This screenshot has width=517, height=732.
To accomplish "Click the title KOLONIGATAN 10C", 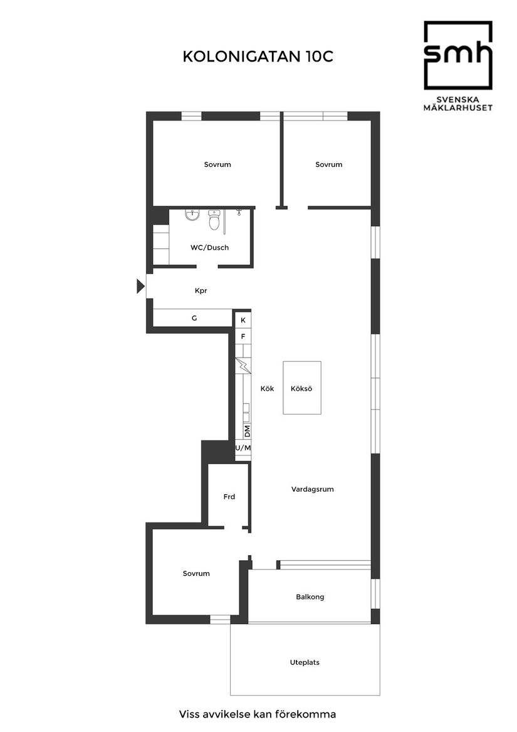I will [x=258, y=56].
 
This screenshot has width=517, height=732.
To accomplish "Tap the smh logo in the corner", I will [x=457, y=55].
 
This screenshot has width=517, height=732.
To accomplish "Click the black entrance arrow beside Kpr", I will [x=140, y=287].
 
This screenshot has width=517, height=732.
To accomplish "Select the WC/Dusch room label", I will [x=209, y=248].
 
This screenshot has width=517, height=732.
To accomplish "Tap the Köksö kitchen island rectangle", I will [x=301, y=388].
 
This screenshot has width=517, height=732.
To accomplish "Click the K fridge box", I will [x=243, y=320].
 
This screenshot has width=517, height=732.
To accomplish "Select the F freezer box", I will [x=243, y=337].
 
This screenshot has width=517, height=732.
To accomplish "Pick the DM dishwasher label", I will [x=248, y=432].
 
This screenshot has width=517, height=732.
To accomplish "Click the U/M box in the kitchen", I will [x=243, y=448].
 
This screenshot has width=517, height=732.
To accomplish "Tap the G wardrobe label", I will [x=194, y=319].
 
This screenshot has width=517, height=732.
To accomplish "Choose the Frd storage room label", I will [x=229, y=497].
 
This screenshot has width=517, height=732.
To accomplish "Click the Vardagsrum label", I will [x=312, y=489].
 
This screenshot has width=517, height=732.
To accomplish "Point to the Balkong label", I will [x=310, y=597].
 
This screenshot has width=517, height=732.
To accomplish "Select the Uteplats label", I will [x=305, y=662].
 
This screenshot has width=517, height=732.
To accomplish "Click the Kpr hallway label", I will [x=201, y=291].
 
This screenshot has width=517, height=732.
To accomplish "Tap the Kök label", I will [x=268, y=389].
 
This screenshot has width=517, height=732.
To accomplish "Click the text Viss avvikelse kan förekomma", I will [x=258, y=714].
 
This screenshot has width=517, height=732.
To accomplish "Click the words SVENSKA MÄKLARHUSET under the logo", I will [x=457, y=103].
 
